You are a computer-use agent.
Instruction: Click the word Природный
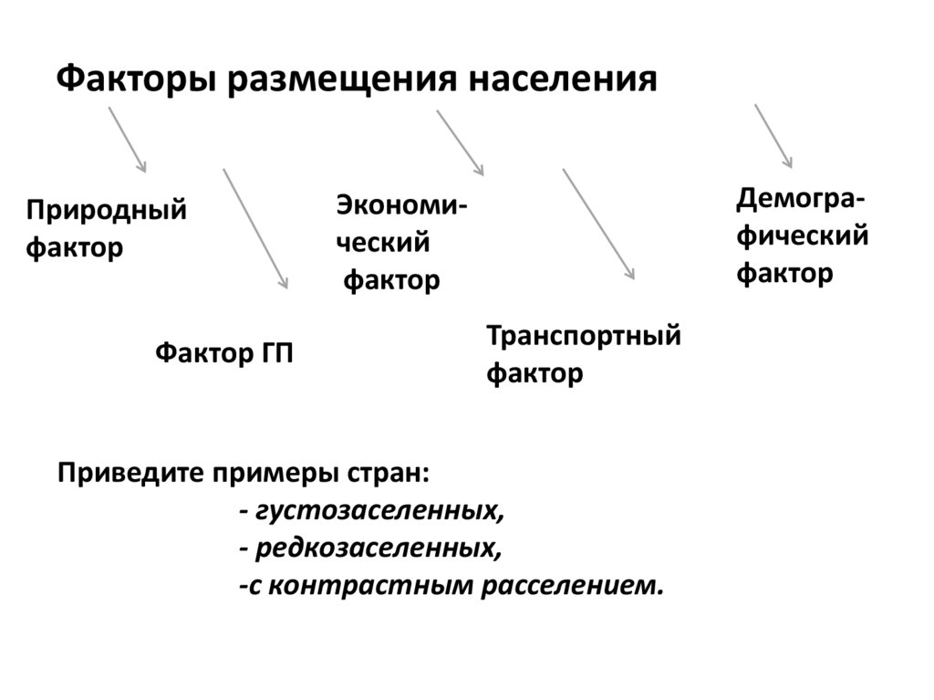[x=106, y=212]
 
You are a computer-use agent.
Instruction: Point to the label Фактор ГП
[x=224, y=353]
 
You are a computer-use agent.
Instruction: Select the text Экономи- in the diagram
[x=400, y=204]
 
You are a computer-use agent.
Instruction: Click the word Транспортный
[x=584, y=336]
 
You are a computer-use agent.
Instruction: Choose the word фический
[x=802, y=236]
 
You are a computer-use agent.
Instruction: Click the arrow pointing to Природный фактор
[x=128, y=139]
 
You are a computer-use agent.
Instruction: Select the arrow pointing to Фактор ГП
[x=255, y=228]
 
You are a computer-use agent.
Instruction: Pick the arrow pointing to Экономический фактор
[x=460, y=142]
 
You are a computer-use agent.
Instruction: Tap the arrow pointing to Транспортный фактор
[x=598, y=224]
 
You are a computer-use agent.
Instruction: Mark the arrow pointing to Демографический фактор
[x=773, y=136]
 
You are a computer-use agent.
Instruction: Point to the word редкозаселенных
[x=379, y=549]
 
